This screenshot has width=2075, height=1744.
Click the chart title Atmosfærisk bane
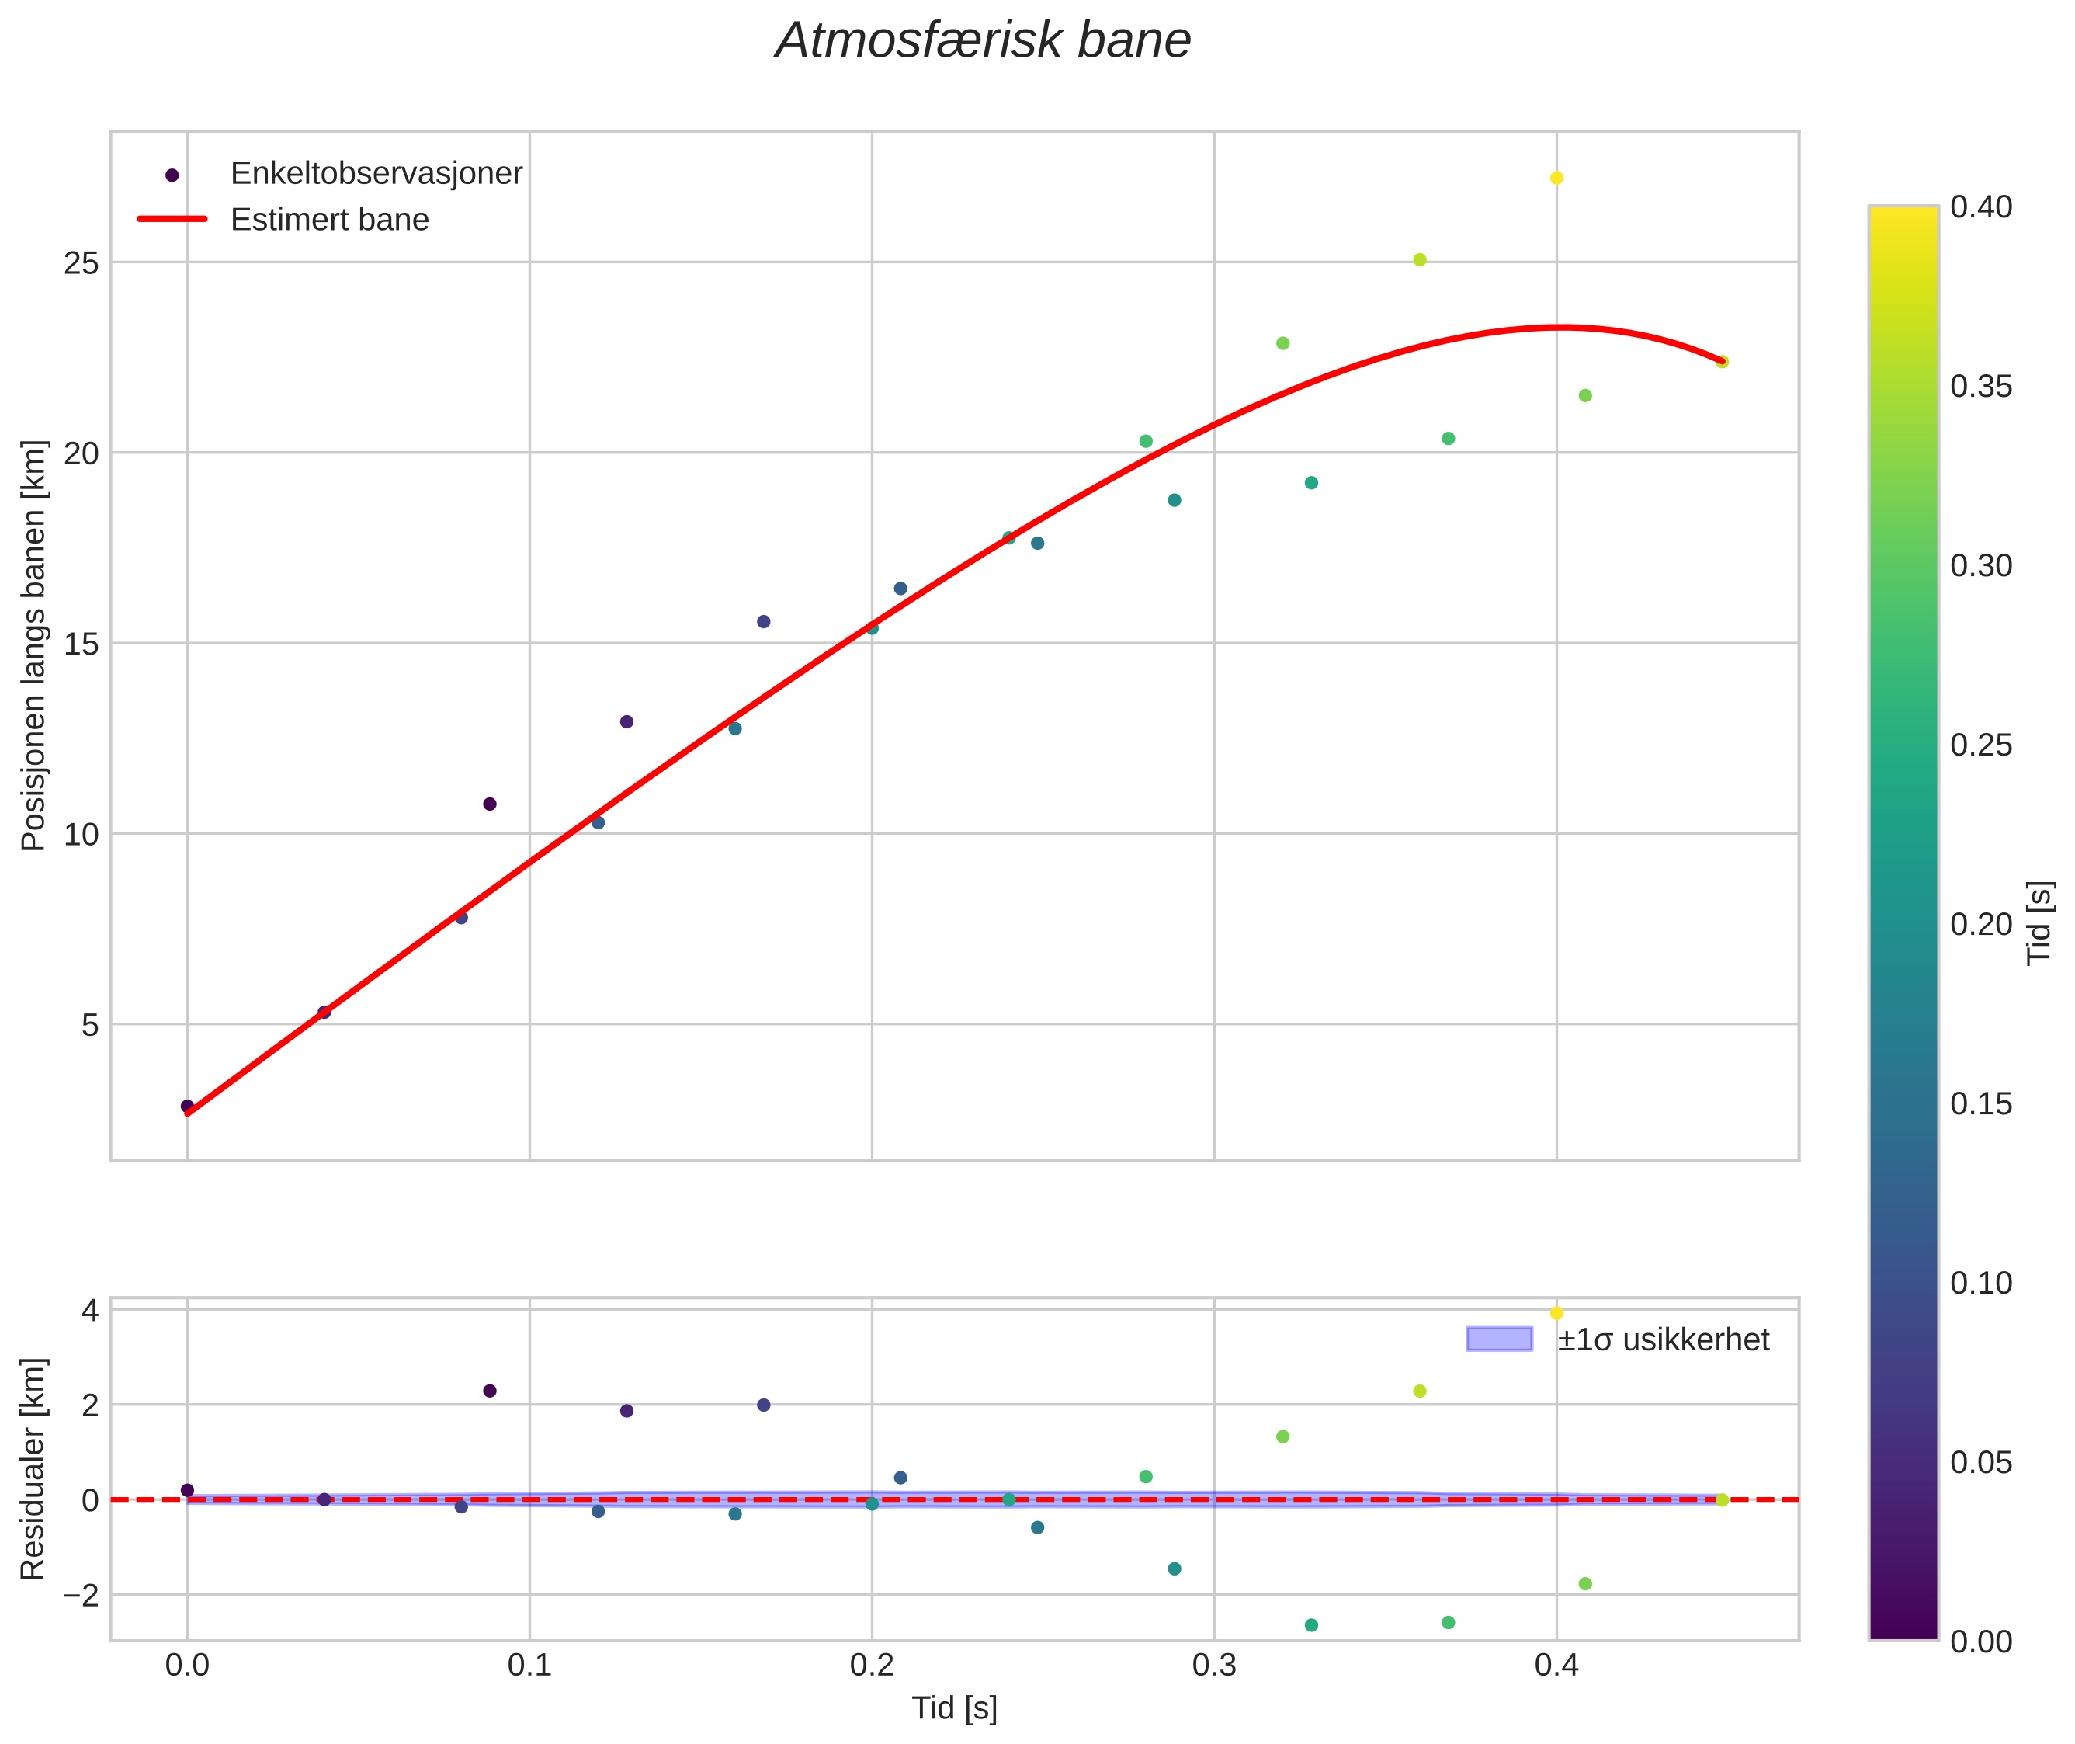click(x=983, y=41)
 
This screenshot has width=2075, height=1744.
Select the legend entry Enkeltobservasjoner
click(x=376, y=174)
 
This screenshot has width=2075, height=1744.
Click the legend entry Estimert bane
click(x=329, y=220)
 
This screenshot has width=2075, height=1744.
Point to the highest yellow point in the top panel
click(x=1556, y=178)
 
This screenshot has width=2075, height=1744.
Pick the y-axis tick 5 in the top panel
click(x=90, y=1025)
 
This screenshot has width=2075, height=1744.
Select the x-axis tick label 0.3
click(x=1214, y=1666)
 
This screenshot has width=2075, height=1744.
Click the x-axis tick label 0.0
click(x=187, y=1666)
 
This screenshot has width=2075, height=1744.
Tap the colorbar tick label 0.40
click(x=1981, y=207)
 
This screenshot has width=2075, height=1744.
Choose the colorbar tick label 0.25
click(x=1981, y=745)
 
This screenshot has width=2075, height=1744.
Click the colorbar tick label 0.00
click(x=1981, y=1642)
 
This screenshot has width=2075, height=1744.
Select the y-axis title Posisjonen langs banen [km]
click(x=33, y=645)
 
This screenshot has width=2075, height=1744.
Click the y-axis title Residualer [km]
click(x=33, y=1469)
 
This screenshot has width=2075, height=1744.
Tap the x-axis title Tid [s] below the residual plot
click(x=954, y=1708)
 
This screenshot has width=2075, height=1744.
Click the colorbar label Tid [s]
click(x=2039, y=922)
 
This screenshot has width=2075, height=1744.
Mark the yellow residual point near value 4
click(x=1556, y=1313)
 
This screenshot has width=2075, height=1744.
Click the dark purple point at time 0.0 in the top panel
click(x=187, y=1107)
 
